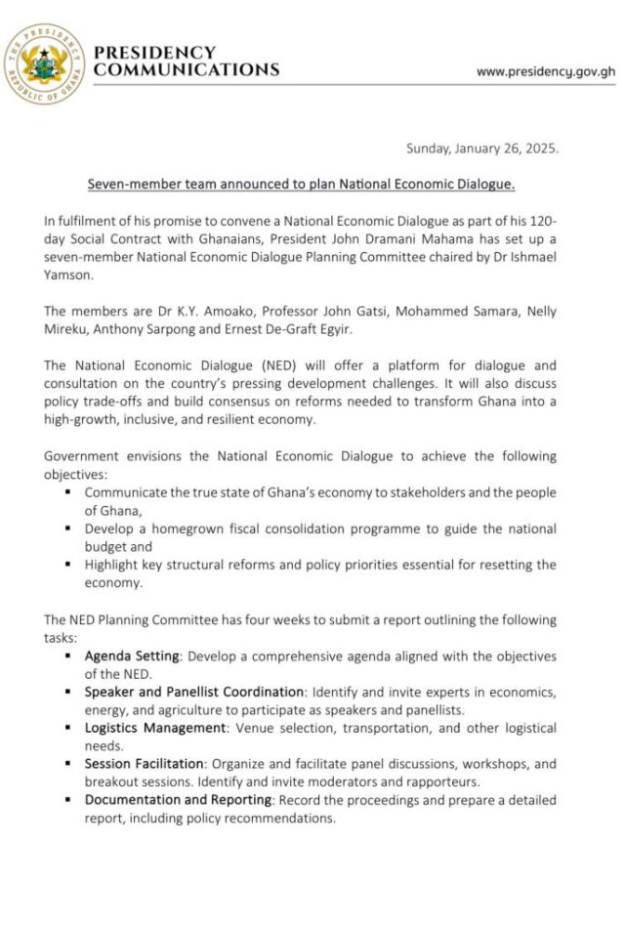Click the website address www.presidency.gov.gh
tap(545, 71)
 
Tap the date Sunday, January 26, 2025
tap(482, 148)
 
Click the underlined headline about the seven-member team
tap(301, 184)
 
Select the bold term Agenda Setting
tap(129, 656)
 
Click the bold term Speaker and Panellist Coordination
tap(194, 692)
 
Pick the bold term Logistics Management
tap(154, 728)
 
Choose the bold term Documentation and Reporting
tap(179, 800)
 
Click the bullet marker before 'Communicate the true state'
tap(69, 492)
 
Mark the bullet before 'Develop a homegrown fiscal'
tap(69, 529)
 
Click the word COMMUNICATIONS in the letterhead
tap(187, 69)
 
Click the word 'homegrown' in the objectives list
tap(188, 529)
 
